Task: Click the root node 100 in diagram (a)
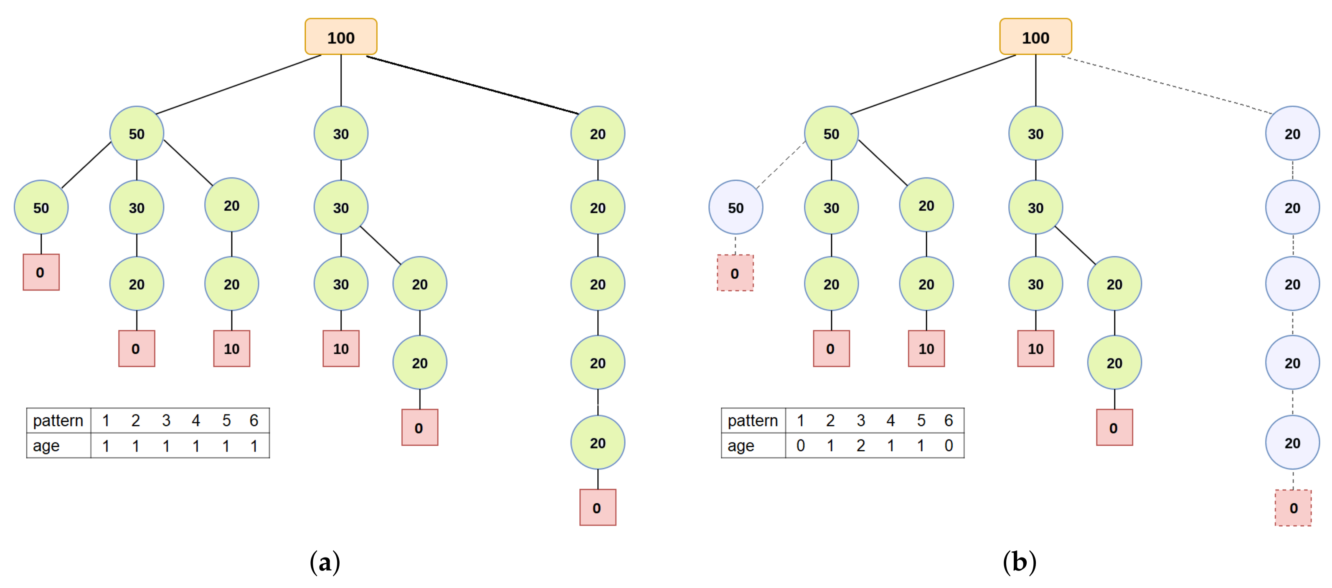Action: click(341, 37)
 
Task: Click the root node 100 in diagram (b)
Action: click(1035, 37)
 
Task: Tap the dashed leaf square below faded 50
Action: click(735, 273)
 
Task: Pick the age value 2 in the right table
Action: click(860, 445)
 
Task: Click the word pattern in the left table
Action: click(58, 421)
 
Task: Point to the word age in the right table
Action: click(741, 445)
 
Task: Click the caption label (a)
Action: click(325, 562)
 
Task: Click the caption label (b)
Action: click(1019, 562)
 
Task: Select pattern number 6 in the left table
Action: click(254, 421)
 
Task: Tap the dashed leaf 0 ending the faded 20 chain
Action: click(1293, 508)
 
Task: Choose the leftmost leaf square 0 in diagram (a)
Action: click(41, 272)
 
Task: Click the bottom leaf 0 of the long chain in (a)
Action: click(597, 507)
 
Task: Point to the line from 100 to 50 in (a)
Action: click(238, 84)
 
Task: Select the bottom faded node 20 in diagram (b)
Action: click(1292, 442)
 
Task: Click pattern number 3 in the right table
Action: click(860, 421)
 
